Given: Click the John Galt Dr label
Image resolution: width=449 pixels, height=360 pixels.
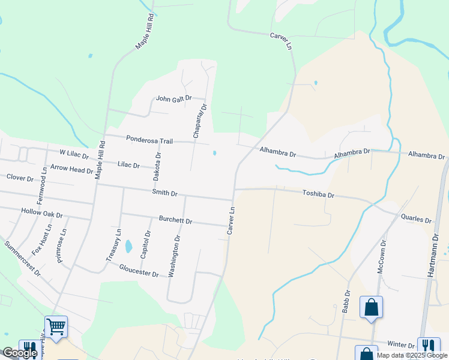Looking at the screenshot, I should tap(173, 98).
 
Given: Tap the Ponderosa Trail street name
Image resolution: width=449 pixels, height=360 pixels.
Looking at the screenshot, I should tap(149, 140).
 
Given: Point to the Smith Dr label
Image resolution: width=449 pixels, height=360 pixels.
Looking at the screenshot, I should tap(164, 193).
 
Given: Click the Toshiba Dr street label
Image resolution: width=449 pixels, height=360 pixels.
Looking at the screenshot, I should tap(318, 194).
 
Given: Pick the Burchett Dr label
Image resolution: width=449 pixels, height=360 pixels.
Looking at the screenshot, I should tap(175, 221).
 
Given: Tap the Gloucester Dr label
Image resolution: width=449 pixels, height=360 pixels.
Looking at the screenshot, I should tap(139, 271).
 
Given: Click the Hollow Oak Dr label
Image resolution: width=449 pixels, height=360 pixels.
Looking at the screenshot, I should tap(42, 213).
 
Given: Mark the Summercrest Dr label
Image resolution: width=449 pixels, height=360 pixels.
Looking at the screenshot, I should tap(22, 259).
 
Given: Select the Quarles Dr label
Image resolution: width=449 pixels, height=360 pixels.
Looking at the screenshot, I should tap(416, 220).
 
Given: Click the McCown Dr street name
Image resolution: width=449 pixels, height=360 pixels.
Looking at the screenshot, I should tap(381, 257).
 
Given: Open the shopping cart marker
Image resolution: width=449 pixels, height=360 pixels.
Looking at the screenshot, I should tap(56, 328).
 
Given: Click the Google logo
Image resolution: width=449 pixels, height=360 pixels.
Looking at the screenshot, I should tap(19, 353).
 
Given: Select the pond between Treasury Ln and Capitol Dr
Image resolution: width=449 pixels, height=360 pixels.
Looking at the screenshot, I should tap(128, 246).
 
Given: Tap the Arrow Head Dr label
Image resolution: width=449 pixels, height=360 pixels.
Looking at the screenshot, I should tap(71, 169).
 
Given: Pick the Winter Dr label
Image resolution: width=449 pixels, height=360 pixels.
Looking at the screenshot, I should tap(401, 346).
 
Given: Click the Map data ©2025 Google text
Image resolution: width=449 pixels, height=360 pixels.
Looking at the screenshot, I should tap(412, 355).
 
